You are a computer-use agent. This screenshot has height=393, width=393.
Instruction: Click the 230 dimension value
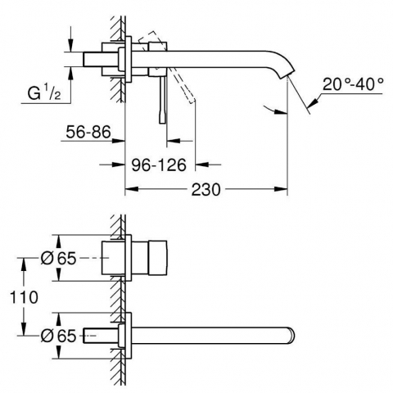pyautogui.click(x=206, y=190)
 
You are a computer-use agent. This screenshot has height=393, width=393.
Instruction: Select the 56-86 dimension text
pyautogui.click(x=88, y=132)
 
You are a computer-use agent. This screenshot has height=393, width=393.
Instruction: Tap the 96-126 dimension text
pyautogui.click(x=159, y=165)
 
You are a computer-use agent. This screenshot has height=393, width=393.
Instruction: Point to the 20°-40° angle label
pyautogui.click(x=353, y=84)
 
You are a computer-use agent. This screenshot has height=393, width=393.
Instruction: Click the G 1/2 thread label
pyautogui.click(x=44, y=93)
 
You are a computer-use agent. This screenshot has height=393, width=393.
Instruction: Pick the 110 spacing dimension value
pyautogui.click(x=24, y=297)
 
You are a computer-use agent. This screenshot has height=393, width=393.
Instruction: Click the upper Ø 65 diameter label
pyautogui.click(x=58, y=258)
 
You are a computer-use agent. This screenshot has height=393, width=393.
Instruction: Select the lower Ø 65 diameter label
pyautogui.click(x=58, y=336)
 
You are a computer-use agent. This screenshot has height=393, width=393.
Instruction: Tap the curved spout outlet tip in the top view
pyautogui.click(x=287, y=75)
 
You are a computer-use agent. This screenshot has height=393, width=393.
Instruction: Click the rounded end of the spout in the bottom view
pyautogui.click(x=291, y=335)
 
